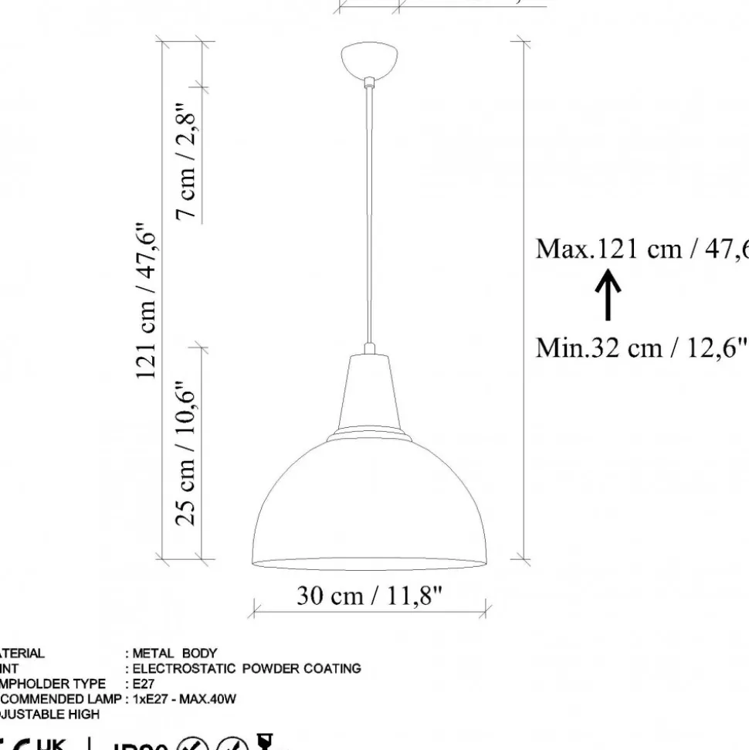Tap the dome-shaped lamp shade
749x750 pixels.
pos(371,502)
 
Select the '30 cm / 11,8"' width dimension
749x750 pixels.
pos(370,596)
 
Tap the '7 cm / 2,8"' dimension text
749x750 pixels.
pos(186,162)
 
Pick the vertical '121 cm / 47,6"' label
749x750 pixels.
pos(146,301)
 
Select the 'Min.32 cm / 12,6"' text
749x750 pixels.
pos(642,348)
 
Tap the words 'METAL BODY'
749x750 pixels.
pos(175,653)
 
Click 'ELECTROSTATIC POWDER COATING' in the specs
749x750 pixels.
pos(246,669)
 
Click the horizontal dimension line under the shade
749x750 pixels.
pos(370,610)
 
